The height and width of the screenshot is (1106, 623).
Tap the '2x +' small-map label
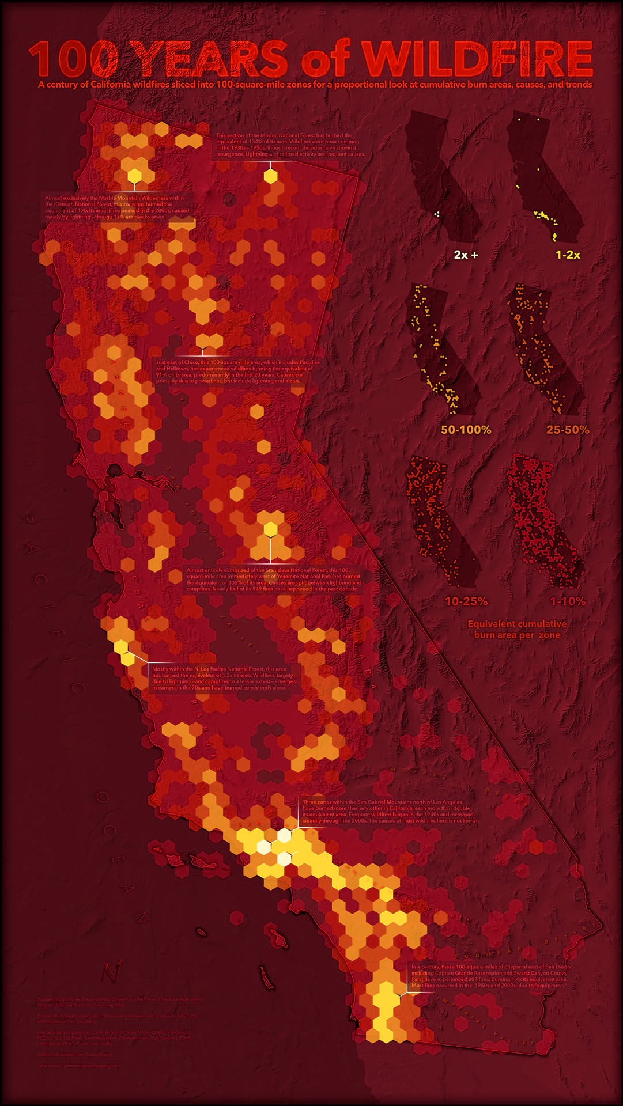(466, 254)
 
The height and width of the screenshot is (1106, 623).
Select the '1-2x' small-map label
(568, 254)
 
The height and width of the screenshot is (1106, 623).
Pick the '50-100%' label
(466, 430)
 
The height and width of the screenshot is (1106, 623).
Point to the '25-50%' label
(568, 430)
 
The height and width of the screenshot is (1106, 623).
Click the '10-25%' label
(466, 601)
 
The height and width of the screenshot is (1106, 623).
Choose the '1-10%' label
(568, 601)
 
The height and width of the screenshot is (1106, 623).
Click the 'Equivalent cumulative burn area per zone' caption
(517, 629)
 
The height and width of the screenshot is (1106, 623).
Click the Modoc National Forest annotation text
(290, 145)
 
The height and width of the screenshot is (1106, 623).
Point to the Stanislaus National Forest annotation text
(274, 579)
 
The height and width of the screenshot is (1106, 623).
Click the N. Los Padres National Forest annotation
(224, 678)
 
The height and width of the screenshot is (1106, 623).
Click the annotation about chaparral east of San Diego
(490, 976)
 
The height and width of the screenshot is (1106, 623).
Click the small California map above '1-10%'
(545, 518)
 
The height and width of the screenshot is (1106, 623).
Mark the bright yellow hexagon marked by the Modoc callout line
(270, 176)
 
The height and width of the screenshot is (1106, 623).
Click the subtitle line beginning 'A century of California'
(315, 85)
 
